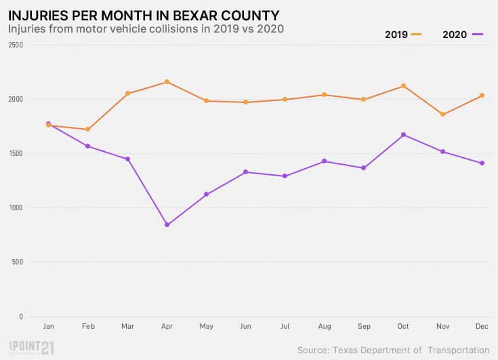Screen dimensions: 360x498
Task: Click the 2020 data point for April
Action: pyautogui.click(x=167, y=225)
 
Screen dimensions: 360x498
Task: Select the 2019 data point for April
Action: pyautogui.click(x=167, y=82)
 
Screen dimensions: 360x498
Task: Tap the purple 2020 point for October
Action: pyautogui.click(x=403, y=135)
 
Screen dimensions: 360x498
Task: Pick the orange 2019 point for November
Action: pyautogui.click(x=442, y=115)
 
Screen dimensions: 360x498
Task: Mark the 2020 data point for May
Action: pyautogui.click(x=206, y=195)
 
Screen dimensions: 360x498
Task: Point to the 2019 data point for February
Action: pyautogui.click(x=87, y=129)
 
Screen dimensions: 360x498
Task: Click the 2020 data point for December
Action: pyautogui.click(x=482, y=163)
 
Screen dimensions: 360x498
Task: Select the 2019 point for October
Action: pyautogui.click(x=403, y=86)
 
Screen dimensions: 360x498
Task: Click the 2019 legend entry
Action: pyautogui.click(x=403, y=34)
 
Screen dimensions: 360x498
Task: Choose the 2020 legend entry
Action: pyautogui.click(x=463, y=34)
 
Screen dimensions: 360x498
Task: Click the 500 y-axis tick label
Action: pyautogui.click(x=17, y=262)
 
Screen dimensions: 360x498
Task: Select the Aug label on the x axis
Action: pyautogui.click(x=325, y=327)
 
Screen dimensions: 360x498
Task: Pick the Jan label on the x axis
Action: pyautogui.click(x=48, y=327)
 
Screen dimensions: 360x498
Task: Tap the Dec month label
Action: pyautogui.click(x=482, y=327)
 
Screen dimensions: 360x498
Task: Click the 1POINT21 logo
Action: pyautogui.click(x=31, y=348)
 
